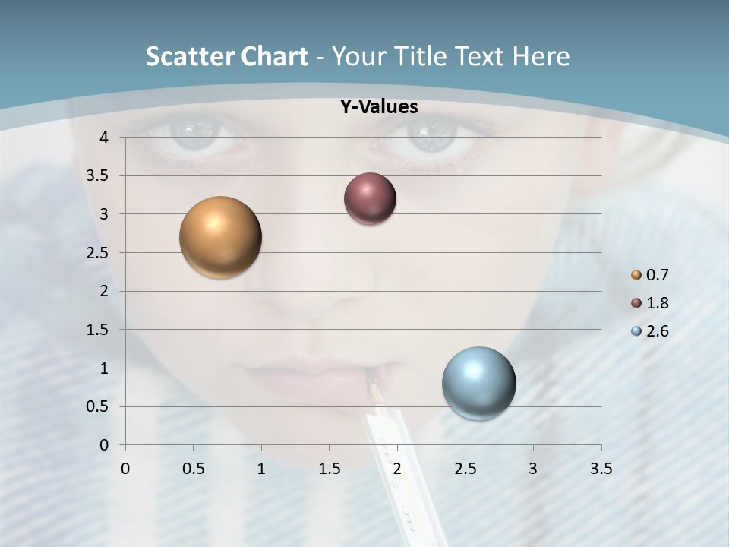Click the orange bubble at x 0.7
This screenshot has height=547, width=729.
click(221, 237)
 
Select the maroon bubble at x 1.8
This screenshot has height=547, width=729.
click(370, 199)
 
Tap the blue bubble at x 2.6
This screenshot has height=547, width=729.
click(479, 383)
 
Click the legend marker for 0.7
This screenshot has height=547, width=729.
click(636, 274)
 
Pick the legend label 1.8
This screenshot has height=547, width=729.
click(657, 303)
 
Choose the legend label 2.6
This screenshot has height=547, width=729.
click(657, 331)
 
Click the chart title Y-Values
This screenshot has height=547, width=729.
click(379, 107)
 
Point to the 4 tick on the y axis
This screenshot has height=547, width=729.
click(105, 137)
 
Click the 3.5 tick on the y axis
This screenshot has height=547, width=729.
click(99, 175)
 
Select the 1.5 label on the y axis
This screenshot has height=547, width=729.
click(99, 330)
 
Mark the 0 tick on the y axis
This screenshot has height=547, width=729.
click(105, 444)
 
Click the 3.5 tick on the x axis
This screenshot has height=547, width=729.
click(601, 469)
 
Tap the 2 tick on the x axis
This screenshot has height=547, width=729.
click(397, 469)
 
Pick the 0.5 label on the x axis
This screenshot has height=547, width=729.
click(193, 469)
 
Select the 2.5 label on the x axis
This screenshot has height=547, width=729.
click(465, 469)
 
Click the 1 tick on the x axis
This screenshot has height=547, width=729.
click(261, 469)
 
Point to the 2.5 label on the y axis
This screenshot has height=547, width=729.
click(99, 252)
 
